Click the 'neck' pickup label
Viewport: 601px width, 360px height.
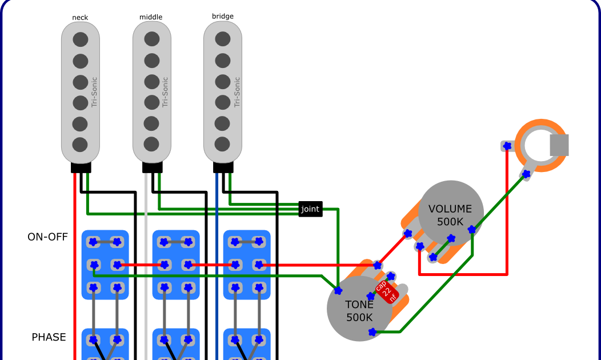81,18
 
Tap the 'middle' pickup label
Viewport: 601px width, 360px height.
151,17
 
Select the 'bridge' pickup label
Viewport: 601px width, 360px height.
223,17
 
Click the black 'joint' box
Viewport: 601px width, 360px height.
310,209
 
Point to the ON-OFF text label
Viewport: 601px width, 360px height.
48,237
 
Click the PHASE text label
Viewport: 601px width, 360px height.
49,337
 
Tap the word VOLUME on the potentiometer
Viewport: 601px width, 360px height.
450,209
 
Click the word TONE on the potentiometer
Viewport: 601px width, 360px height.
359,305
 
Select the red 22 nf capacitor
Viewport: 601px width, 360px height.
387,293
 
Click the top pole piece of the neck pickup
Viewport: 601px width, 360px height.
81,39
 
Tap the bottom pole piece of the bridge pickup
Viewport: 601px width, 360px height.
223,143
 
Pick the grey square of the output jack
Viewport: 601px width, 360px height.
559,145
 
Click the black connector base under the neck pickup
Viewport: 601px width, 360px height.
81,167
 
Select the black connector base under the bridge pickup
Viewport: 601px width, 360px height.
223,167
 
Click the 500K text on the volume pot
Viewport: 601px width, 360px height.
451,222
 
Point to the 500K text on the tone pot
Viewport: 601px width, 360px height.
359,318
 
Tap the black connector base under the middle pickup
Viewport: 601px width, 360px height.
153,167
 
